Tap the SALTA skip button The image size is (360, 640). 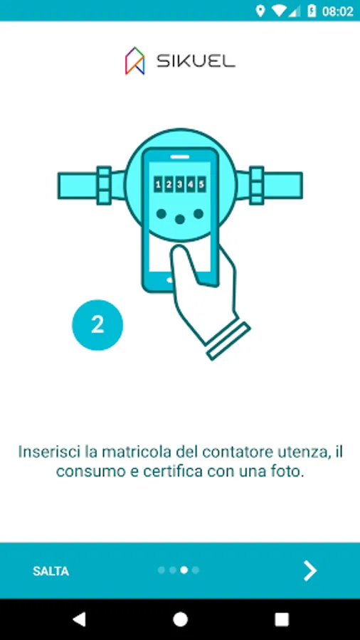[x=51, y=571]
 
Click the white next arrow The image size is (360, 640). [x=310, y=570]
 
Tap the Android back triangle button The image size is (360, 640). [x=79, y=619]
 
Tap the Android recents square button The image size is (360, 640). [x=282, y=619]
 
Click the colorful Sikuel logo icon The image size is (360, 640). [x=134, y=61]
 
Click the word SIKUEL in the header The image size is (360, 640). [x=196, y=61]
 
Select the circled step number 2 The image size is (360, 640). [x=97, y=325]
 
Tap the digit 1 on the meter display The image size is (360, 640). [x=158, y=184]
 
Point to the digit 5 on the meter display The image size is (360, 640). [x=201, y=184]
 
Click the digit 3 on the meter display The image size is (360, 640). [x=179, y=184]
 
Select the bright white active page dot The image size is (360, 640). [x=184, y=570]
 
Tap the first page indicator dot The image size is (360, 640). [x=162, y=570]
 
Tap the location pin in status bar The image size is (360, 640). [x=260, y=11]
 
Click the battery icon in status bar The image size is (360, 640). [x=312, y=11]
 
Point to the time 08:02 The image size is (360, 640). [x=337, y=11]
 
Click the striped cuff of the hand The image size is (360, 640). [x=228, y=341]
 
